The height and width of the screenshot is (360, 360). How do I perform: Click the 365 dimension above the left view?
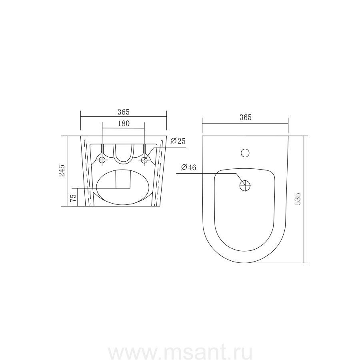124,112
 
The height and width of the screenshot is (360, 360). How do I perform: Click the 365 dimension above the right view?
246,117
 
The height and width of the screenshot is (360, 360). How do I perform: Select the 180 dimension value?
124,124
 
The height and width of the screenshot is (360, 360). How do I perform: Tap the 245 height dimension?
62,170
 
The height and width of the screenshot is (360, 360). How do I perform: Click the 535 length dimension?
298,199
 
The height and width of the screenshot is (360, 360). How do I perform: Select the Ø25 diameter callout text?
178,141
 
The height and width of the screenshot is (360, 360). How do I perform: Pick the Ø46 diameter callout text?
188,167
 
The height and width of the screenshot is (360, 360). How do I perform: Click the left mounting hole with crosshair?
102,160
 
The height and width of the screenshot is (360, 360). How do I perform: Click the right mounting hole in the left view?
144,160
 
